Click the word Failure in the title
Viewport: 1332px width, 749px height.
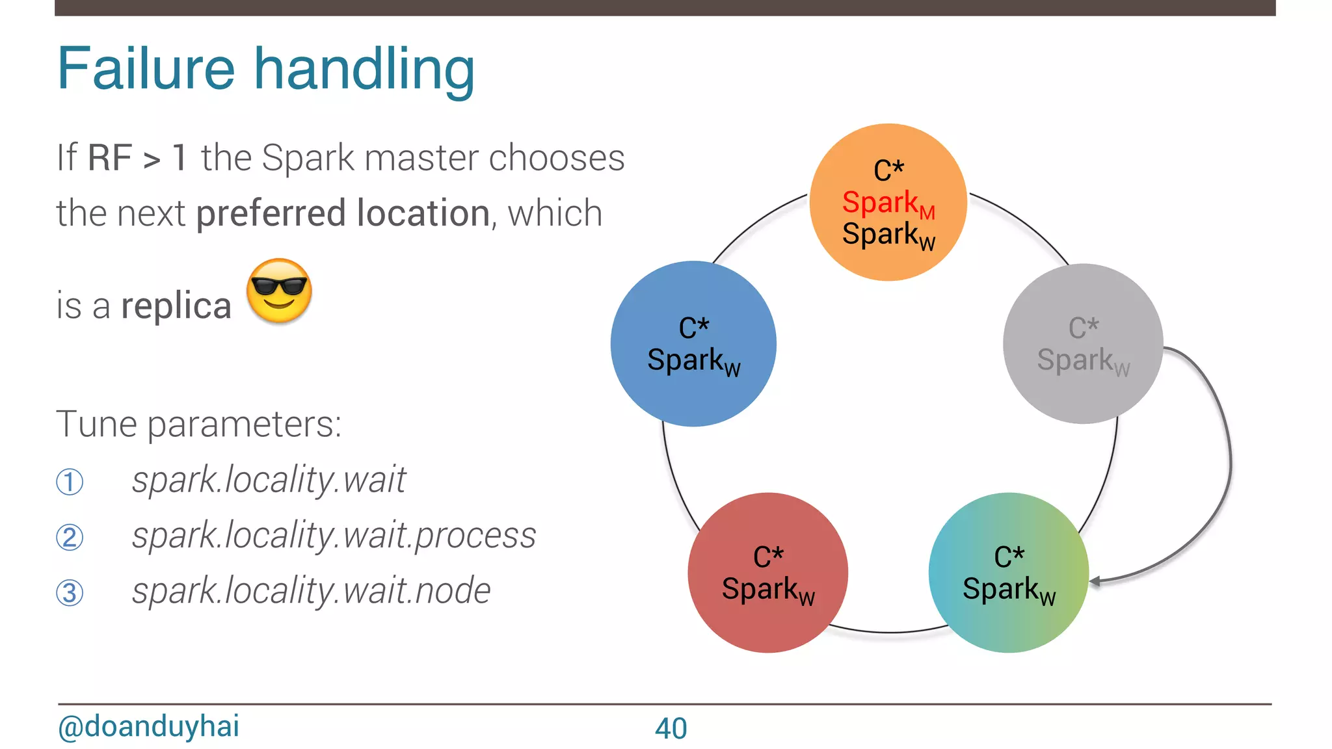click(146, 69)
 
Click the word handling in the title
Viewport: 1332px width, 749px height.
click(364, 70)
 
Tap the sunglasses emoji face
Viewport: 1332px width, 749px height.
click(280, 291)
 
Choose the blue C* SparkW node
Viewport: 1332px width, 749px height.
click(693, 343)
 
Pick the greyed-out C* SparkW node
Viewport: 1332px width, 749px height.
click(1083, 343)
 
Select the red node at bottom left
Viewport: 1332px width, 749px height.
click(767, 572)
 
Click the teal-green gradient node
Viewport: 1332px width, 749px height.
click(1008, 572)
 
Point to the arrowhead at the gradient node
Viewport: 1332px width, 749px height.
click(1095, 581)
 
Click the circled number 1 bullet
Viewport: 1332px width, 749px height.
click(70, 482)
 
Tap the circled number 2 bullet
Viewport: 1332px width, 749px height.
click(70, 538)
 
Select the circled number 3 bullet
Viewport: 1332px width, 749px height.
click(70, 593)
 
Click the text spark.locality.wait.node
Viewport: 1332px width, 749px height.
click(311, 591)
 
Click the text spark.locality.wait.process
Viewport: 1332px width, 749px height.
click(334, 536)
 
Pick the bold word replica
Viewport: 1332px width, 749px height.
click(176, 306)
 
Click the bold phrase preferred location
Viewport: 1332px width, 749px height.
click(343, 213)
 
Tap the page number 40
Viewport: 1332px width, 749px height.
click(671, 728)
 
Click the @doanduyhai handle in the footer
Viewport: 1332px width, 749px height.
click(149, 726)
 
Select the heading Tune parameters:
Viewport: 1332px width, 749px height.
click(199, 425)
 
